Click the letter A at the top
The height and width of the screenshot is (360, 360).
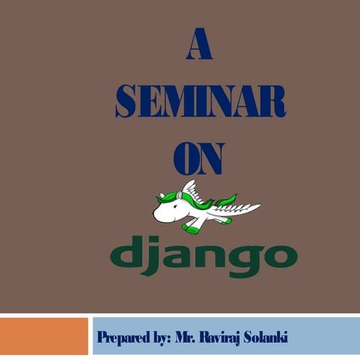pos(199,46)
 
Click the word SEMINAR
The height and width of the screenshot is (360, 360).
pos(200,101)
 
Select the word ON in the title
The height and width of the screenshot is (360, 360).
pos(199,158)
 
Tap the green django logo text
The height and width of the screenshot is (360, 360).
pos(203,255)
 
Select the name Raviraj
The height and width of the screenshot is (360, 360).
pos(235,336)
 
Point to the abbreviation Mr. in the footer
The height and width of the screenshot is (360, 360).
pos(187,336)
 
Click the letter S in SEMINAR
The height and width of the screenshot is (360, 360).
pos(125,101)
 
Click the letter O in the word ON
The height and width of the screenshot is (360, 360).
pos(186,158)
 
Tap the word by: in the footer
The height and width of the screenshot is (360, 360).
pos(160,337)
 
